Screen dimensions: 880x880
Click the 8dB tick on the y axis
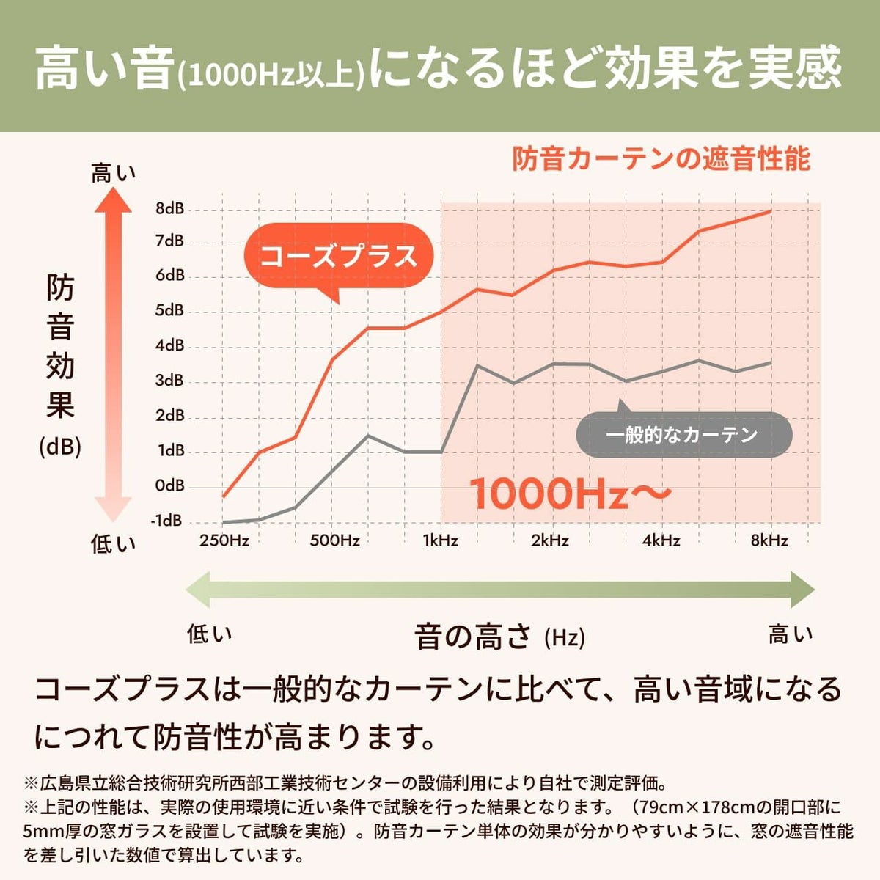click(169, 208)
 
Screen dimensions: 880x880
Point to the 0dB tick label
click(169, 485)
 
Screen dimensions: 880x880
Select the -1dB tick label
click(166, 521)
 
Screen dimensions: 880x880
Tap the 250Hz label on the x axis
click(224, 541)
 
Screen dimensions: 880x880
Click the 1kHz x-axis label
click(440, 541)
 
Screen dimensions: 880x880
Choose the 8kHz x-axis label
click(769, 541)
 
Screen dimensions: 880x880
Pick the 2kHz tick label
click(550, 541)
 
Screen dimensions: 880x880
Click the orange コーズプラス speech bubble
click(339, 256)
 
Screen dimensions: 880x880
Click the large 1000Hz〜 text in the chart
click(569, 494)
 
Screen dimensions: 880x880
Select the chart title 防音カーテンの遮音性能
click(661, 158)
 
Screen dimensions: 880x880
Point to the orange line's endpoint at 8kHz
click(770, 211)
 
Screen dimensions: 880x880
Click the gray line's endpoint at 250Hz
click(224, 522)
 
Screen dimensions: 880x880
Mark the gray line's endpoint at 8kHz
click(770, 362)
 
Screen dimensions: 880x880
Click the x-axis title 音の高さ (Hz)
click(499, 636)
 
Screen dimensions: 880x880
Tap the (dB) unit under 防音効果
click(60, 447)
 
